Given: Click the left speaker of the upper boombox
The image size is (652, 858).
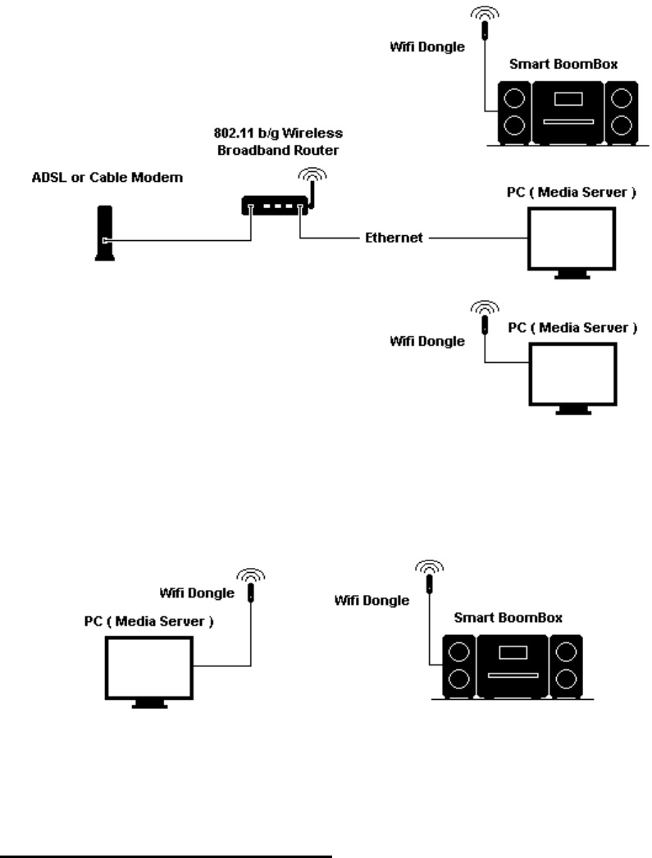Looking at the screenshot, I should [515, 112].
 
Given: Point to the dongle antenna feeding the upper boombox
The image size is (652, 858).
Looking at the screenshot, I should [485, 31].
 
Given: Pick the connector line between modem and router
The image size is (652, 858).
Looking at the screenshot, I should [176, 239].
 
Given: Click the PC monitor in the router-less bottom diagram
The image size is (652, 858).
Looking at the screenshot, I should [148, 666].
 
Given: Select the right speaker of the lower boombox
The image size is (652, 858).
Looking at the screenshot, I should [566, 666].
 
